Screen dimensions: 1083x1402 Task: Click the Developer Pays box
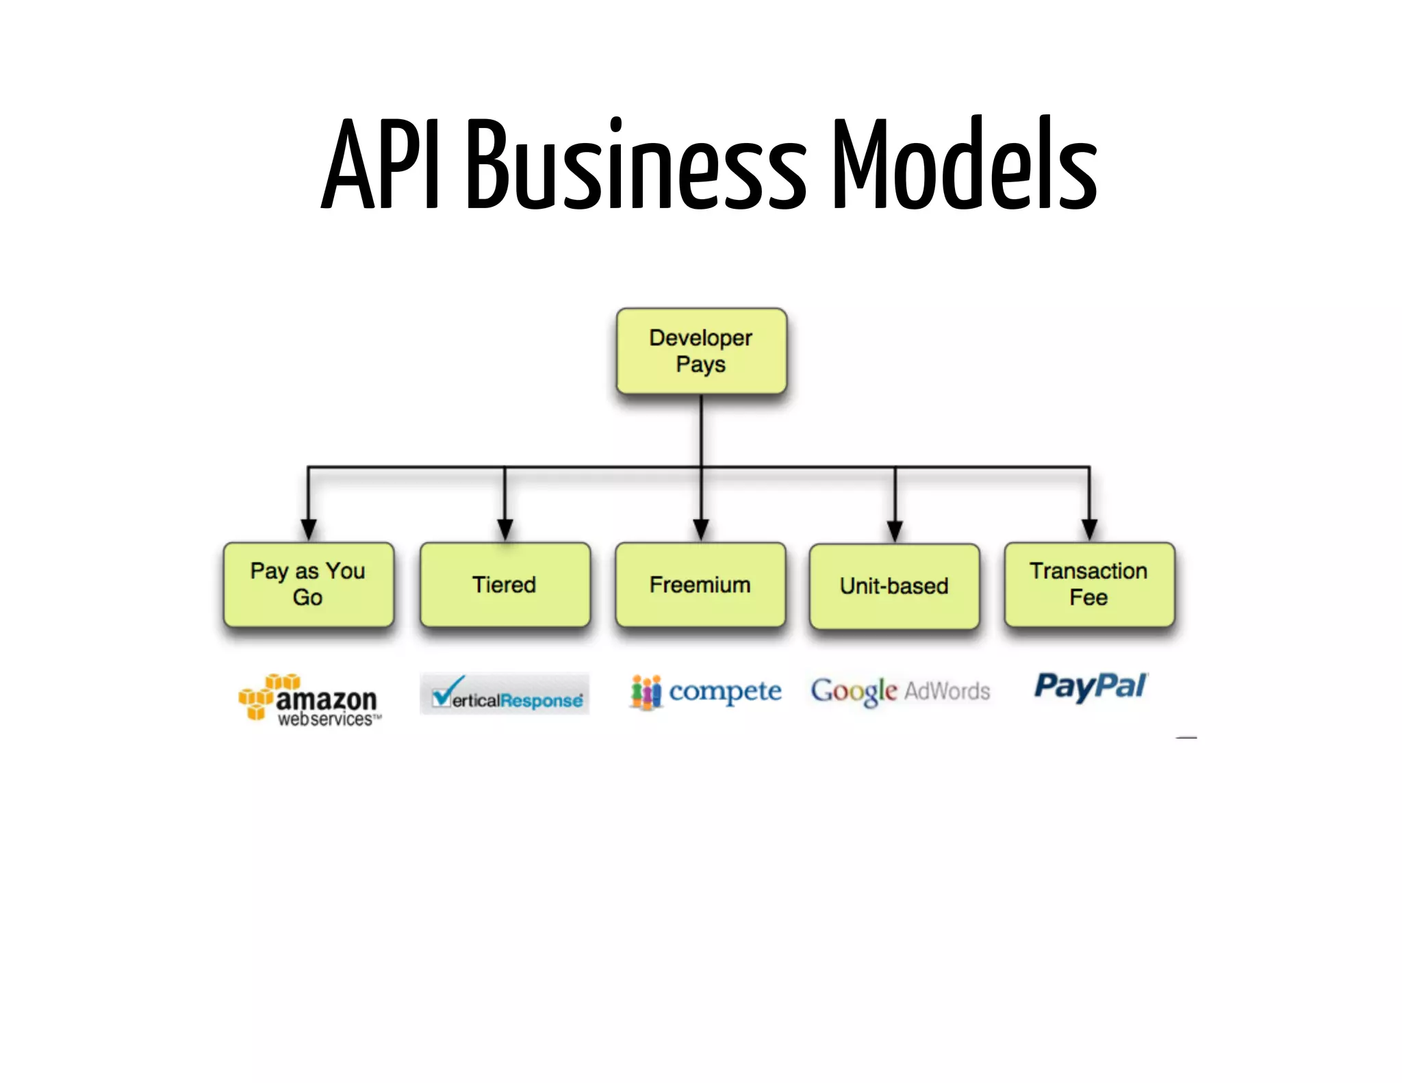click(x=701, y=351)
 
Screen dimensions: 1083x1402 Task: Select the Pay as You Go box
click(x=308, y=585)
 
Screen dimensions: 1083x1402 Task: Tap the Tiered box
click(x=505, y=585)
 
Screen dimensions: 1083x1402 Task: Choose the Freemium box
click(x=700, y=585)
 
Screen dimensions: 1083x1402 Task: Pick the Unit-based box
click(x=894, y=586)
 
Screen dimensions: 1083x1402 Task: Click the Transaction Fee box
click(x=1088, y=585)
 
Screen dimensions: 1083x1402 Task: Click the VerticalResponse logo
click(x=505, y=694)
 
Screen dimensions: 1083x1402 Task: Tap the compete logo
click(x=706, y=692)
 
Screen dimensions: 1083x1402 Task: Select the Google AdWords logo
click(x=900, y=691)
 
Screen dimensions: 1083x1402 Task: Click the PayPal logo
click(x=1091, y=687)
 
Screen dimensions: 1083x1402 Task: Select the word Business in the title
click(x=637, y=164)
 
